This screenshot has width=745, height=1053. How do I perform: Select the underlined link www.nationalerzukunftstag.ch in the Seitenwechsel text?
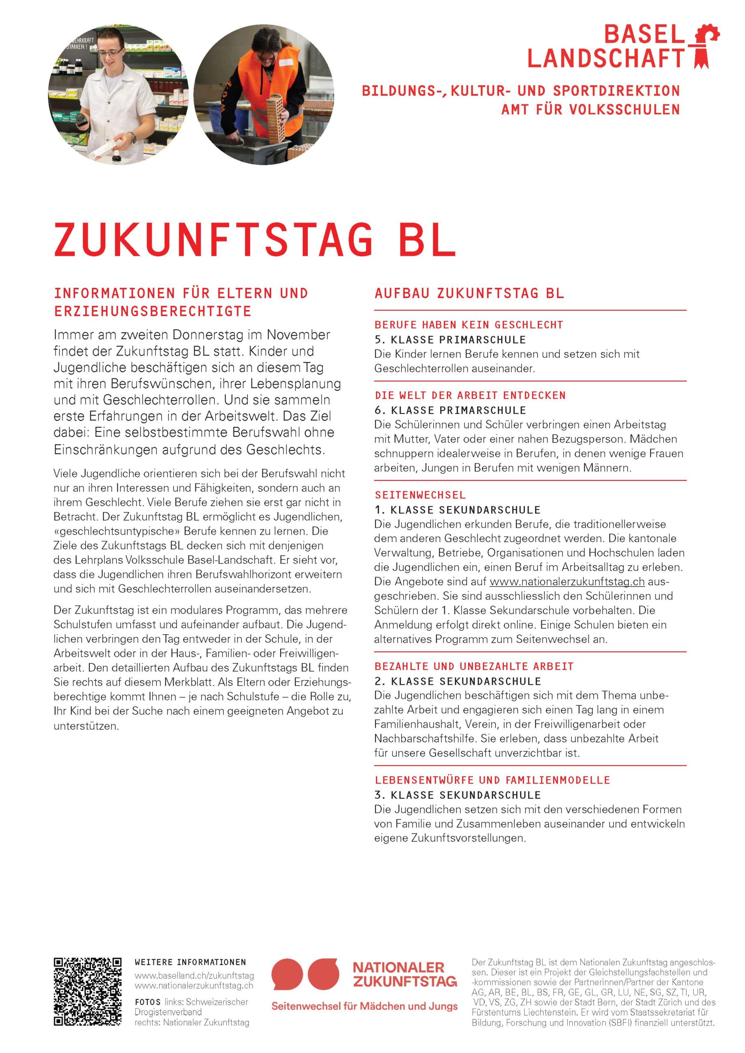567,582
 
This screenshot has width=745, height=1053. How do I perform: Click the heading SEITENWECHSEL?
420,495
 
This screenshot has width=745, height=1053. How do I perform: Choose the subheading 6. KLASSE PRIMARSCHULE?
450,410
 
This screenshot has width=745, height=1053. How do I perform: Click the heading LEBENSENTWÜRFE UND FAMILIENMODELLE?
492,780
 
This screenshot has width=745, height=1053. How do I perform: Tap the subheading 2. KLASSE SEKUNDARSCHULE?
457,681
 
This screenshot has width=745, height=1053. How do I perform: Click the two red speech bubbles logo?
305,974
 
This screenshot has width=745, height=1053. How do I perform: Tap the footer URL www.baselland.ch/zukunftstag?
194,976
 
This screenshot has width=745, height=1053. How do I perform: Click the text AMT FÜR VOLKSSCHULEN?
590,109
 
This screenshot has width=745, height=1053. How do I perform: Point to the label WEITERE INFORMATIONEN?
190,962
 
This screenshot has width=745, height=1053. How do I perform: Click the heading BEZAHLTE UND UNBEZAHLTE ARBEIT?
474,666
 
